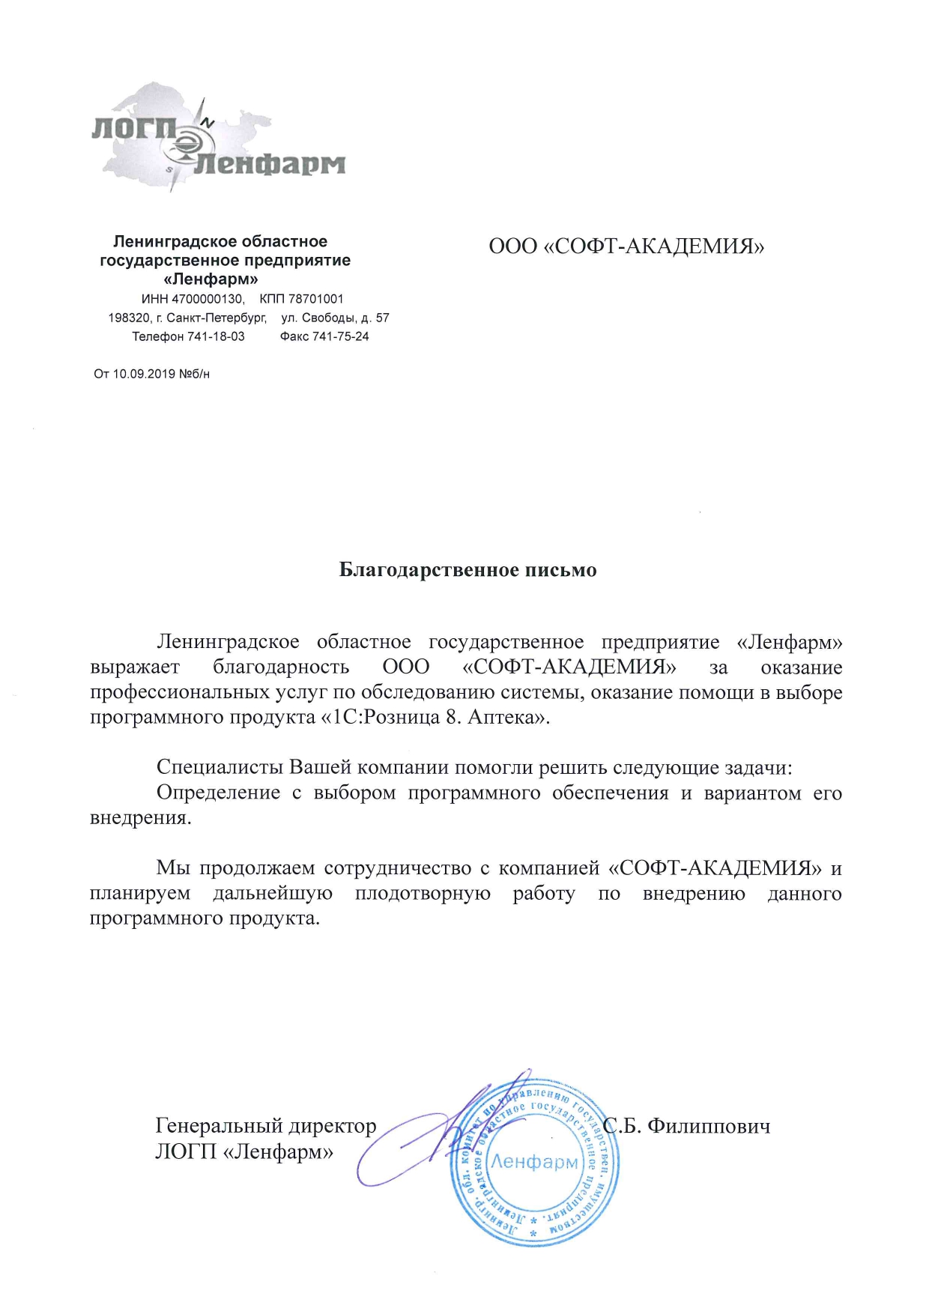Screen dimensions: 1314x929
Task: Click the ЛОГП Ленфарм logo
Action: point(217,139)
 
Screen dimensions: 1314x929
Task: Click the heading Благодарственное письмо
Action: point(467,570)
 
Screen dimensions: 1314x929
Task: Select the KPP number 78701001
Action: point(316,299)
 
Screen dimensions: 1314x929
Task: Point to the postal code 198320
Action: point(129,318)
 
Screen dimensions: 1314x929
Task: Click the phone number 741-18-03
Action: point(216,336)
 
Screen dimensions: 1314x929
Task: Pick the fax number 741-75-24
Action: point(341,336)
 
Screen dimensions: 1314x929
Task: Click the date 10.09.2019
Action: point(144,374)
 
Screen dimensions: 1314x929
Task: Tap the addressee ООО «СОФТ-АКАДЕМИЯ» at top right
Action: point(626,246)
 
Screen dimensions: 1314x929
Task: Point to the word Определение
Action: point(218,793)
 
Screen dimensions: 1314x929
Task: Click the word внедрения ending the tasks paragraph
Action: point(140,817)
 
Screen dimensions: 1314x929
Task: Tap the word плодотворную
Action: point(423,893)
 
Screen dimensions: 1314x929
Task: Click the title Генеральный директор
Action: point(265,1126)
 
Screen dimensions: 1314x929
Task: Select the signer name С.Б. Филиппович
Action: point(687,1126)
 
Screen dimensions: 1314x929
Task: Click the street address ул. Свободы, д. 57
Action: point(335,318)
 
